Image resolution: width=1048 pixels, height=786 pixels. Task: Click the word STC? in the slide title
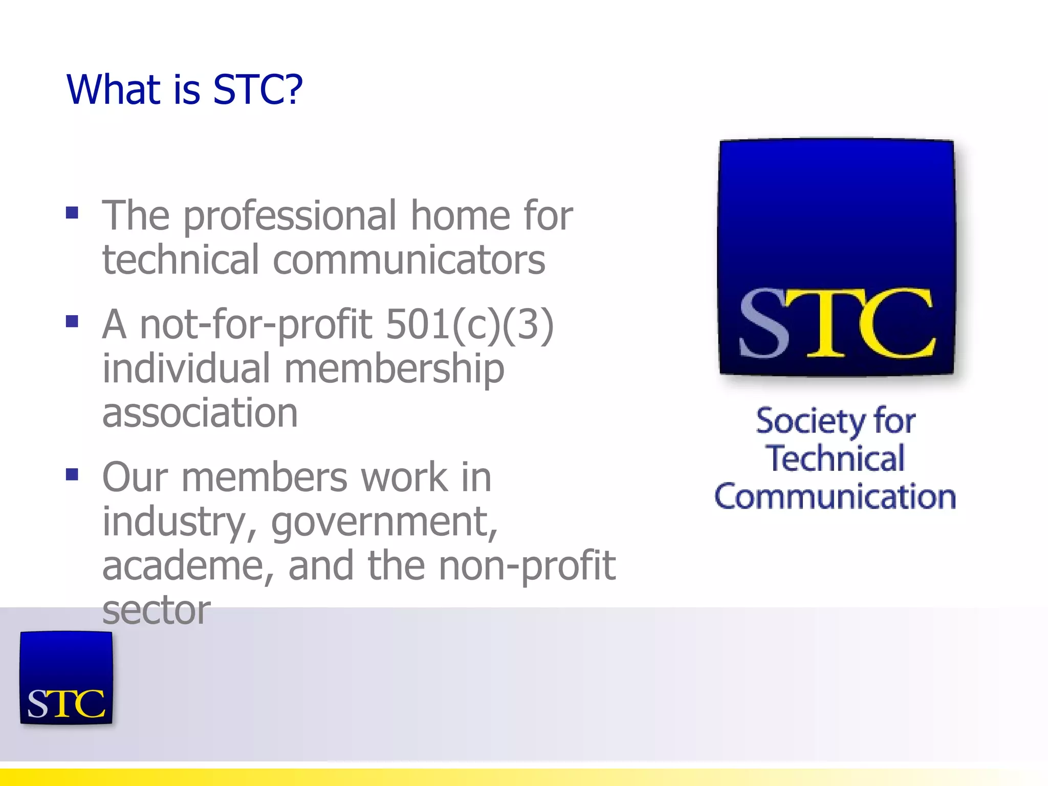pyautogui.click(x=257, y=90)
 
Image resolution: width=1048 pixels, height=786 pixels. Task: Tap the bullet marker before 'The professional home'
pyautogui.click(x=72, y=212)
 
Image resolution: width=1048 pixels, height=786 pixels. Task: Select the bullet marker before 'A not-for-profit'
pyautogui.click(x=72, y=321)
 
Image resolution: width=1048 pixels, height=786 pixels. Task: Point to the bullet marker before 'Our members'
pyautogui.click(x=72, y=474)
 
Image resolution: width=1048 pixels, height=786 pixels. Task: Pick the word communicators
pyautogui.click(x=409, y=260)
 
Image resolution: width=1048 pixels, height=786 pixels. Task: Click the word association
pyautogui.click(x=200, y=413)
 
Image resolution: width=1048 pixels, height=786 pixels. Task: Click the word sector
pyautogui.click(x=157, y=610)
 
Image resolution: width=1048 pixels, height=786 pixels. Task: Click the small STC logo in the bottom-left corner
pyautogui.click(x=66, y=678)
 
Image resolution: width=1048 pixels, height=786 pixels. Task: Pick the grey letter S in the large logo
pyautogui.click(x=764, y=323)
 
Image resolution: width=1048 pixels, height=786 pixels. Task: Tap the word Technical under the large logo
pyautogui.click(x=835, y=458)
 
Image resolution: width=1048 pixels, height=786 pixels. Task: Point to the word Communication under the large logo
pyautogui.click(x=835, y=496)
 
